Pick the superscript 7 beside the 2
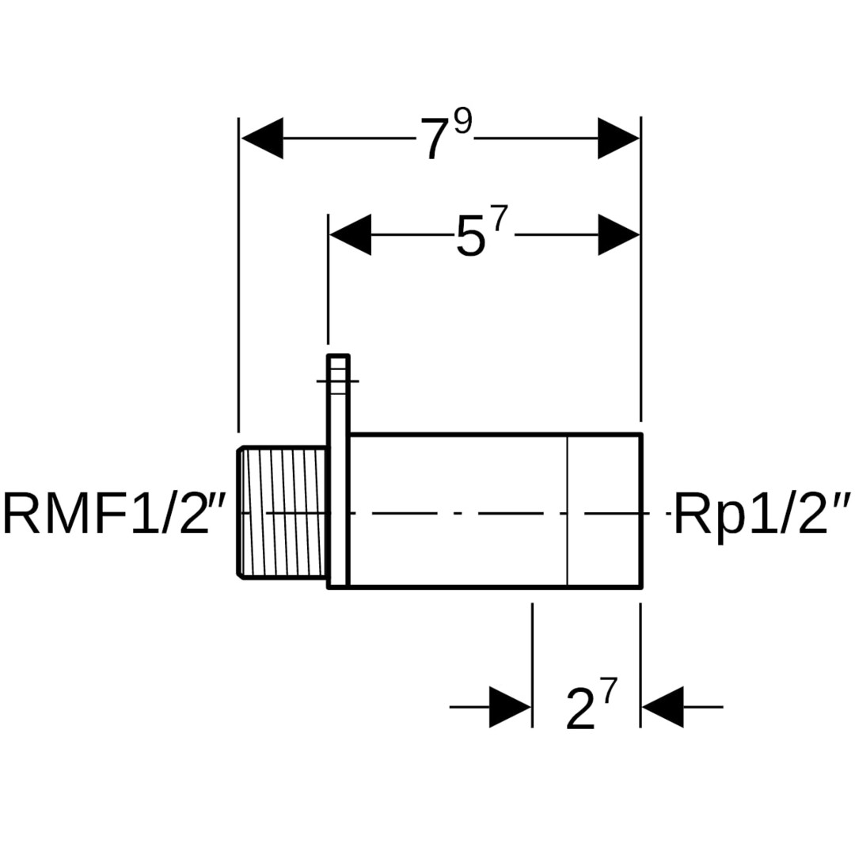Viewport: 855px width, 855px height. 606,692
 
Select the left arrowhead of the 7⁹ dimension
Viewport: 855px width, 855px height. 262,139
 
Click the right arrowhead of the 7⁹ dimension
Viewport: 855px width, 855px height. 618,139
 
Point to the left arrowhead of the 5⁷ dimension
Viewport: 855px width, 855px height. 350,234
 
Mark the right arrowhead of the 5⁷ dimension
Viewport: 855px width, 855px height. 618,234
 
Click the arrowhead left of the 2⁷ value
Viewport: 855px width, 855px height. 510,706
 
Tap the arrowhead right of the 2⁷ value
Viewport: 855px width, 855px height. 662,706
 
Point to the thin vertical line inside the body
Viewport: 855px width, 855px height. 568,511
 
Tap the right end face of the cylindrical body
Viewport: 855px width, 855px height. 640,511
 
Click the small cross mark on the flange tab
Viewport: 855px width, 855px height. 338,382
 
